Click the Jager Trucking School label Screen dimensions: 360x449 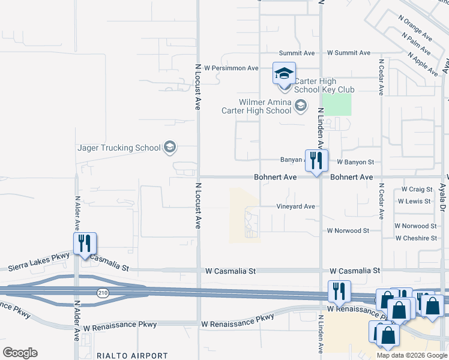pyautogui.click(x=119, y=148)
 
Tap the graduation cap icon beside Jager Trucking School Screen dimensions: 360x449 pyautogui.click(x=169, y=147)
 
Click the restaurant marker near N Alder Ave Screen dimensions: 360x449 pyautogui.click(x=85, y=244)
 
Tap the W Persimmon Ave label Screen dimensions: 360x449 pyautogui.click(x=231, y=68)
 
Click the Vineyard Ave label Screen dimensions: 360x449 pyautogui.click(x=295, y=206)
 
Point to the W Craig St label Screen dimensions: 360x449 pyautogui.click(x=417, y=190)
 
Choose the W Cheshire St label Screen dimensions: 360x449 pyautogui.click(x=416, y=238)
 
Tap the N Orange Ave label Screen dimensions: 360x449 pyautogui.click(x=415, y=27)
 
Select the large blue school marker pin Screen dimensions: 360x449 pyautogui.click(x=284, y=74)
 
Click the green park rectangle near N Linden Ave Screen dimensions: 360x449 pyautogui.click(x=336, y=104)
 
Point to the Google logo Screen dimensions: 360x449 pyautogui.click(x=20, y=353)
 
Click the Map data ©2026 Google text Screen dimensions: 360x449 pyautogui.click(x=411, y=355)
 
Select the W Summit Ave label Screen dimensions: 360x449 pyautogui.click(x=348, y=53)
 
